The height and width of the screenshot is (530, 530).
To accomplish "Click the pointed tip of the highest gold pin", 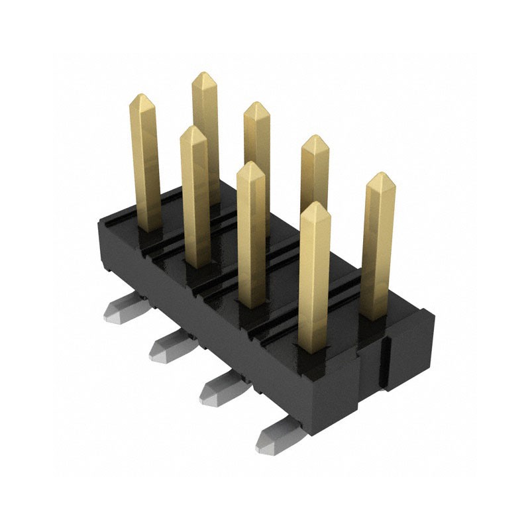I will (204, 74).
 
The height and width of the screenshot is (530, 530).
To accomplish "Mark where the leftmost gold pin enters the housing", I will (148, 229).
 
